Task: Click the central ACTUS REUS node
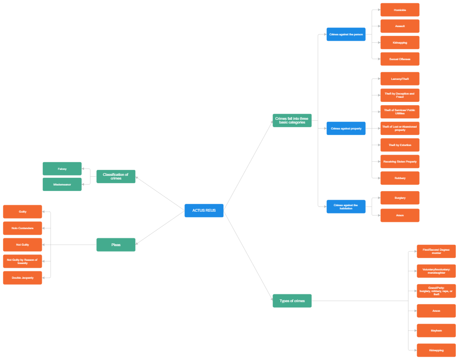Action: (204, 210)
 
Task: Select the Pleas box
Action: (116, 245)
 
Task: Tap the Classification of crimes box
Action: (116, 176)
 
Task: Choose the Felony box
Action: (62, 169)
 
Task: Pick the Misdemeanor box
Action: (62, 184)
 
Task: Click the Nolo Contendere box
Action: (22, 228)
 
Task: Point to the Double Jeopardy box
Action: (22, 278)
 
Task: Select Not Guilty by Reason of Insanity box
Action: (22, 261)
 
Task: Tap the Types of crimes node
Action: (292, 301)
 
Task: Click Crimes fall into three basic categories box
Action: (292, 120)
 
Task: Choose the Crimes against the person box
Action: (346, 34)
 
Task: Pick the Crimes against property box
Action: (346, 129)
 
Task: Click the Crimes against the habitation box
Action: (346, 207)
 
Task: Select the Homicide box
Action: (400, 10)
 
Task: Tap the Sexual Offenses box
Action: (400, 59)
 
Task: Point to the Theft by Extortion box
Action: (400, 145)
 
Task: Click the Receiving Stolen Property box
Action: (400, 162)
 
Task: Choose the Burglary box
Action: (400, 198)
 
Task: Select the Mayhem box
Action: (436, 331)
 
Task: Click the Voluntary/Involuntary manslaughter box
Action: (436, 271)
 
